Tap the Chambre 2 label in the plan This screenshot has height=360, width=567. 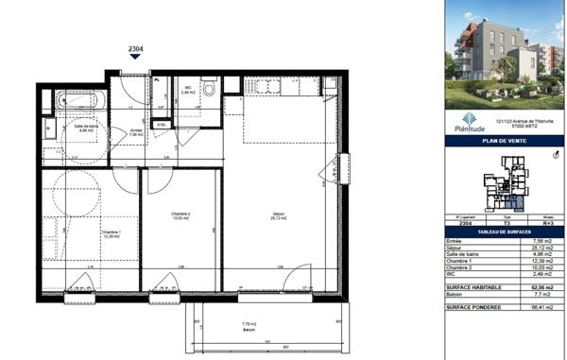point(180,215)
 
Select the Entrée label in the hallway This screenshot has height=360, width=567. point(136,131)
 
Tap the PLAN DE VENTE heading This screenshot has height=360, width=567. point(503,142)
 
